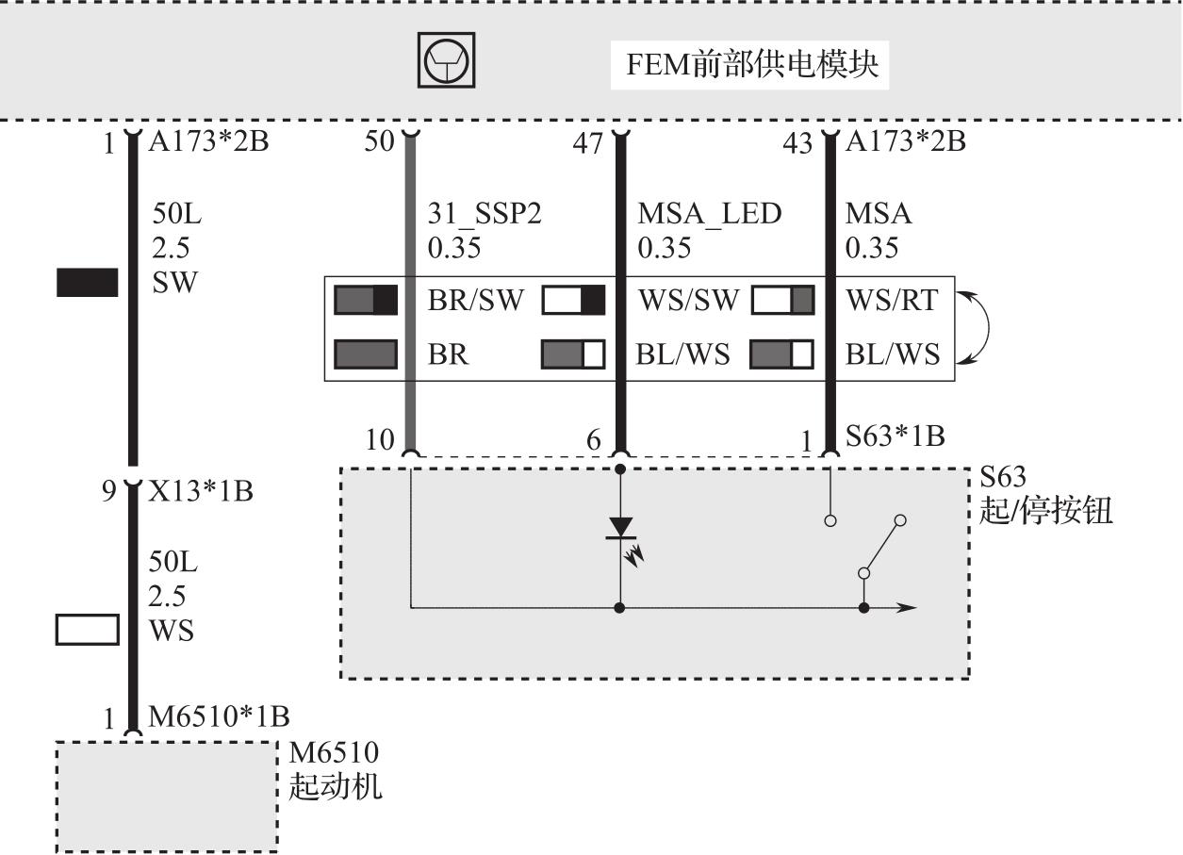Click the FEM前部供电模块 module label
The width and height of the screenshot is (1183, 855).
(752, 64)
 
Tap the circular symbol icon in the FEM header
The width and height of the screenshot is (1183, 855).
(447, 61)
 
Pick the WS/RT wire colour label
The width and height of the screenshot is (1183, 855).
(892, 300)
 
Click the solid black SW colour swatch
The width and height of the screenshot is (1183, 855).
(88, 282)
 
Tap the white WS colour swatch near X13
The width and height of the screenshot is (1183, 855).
(88, 630)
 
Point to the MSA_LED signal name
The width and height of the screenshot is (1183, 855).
(709, 214)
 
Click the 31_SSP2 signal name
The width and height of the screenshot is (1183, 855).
(485, 214)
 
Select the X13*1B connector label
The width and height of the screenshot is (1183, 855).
(201, 491)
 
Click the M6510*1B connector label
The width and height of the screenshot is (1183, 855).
(218, 717)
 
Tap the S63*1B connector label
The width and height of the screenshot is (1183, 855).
(895, 436)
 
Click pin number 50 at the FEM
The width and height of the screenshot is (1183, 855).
(379, 143)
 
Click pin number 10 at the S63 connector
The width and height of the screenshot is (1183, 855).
(380, 439)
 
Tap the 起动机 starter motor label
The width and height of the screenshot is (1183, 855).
(336, 784)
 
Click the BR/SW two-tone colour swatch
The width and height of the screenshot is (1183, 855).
(366, 300)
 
